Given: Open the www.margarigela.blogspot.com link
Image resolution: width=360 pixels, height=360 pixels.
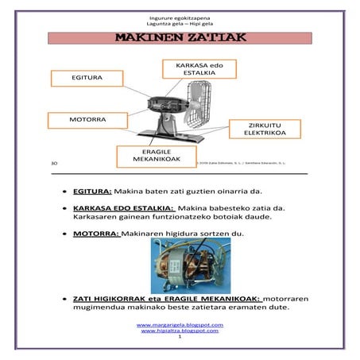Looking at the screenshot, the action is coord(180,324).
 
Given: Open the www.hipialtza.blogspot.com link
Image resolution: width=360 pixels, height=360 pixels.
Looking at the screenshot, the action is coord(180,330).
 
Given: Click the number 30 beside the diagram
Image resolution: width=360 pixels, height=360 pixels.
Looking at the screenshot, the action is coord(53,163).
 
